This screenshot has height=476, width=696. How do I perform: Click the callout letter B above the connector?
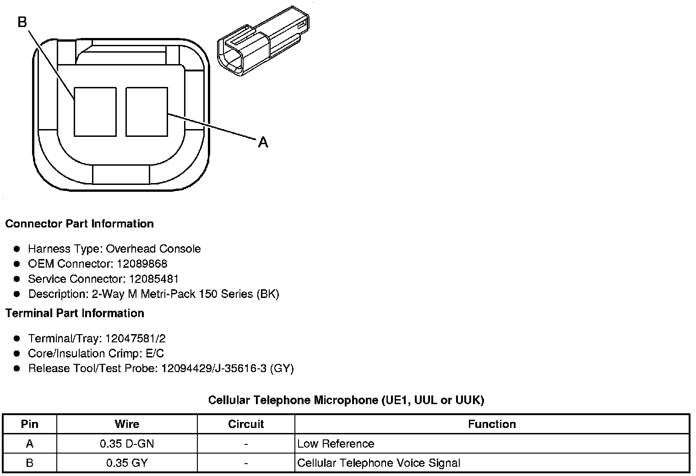tap(22, 22)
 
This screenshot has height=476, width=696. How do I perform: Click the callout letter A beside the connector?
tap(263, 142)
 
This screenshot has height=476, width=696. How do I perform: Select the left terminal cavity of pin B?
tap(95, 112)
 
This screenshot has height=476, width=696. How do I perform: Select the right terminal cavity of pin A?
tap(147, 112)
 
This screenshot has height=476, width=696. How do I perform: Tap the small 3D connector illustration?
tap(263, 41)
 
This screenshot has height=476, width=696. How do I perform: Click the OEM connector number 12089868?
tap(142, 264)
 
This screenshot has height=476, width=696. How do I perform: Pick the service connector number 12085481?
tap(154, 279)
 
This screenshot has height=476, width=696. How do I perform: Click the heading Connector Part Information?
tap(80, 223)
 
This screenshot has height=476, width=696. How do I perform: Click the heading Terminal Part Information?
tap(75, 313)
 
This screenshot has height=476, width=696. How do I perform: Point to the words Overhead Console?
tap(153, 249)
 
